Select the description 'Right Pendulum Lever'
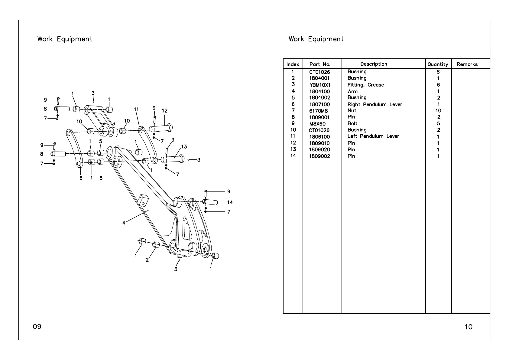375,104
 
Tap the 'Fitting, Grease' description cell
365,85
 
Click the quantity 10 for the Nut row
438,111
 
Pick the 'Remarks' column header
467,64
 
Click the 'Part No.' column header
320,64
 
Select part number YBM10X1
320,85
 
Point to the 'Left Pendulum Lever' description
373,136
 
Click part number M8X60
317,124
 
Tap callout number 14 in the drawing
230,202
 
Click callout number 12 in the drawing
164,111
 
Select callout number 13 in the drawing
184,147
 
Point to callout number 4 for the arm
124,223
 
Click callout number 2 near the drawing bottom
147,260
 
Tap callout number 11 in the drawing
136,109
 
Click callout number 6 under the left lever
81,178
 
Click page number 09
37,326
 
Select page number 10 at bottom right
468,327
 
